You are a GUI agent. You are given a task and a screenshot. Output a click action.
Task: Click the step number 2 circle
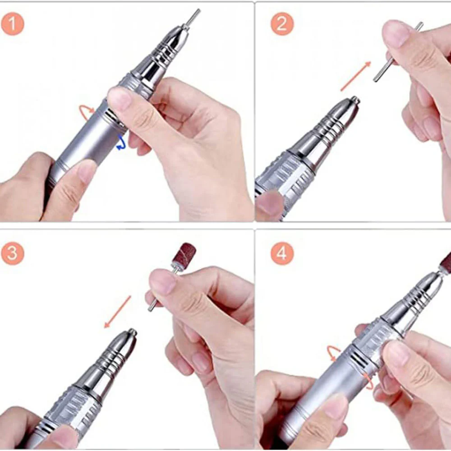point(282,23)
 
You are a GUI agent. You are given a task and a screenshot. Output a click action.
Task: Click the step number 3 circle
point(12,253)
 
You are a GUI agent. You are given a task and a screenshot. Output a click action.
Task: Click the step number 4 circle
point(282,253)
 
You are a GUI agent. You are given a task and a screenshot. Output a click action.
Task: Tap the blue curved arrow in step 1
point(122,143)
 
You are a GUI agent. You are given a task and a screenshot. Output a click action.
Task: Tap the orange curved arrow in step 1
point(86,111)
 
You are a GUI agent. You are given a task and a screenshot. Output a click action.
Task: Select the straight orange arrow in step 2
point(356,76)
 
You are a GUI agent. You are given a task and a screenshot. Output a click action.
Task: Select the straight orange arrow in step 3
point(117,312)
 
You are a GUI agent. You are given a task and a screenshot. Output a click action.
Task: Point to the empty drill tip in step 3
point(133,332)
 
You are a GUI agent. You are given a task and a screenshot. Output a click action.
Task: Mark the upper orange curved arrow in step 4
point(334,353)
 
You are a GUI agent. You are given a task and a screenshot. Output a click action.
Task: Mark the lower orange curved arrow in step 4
point(368,381)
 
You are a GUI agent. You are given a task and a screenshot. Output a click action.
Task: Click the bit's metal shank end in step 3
point(150,309)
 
